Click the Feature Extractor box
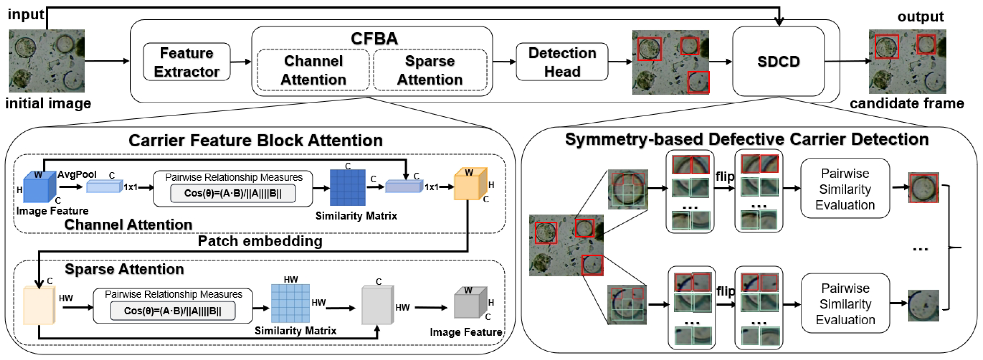187,62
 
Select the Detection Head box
562,62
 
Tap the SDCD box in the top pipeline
778,61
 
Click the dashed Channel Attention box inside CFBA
313,70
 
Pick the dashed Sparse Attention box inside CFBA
430,70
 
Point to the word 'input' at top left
26,14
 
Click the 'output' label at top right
920,16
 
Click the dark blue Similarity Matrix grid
347,188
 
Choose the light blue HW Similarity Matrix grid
290,303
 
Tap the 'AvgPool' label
77,174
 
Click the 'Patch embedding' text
260,241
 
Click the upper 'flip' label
725,176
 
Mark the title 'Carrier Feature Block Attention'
255,140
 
